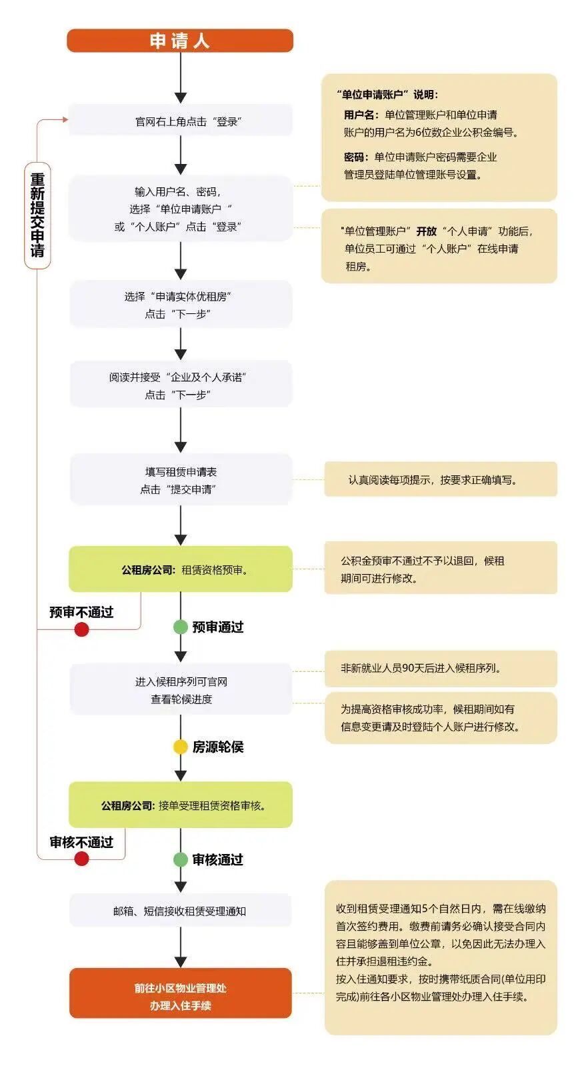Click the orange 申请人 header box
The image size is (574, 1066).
(x=180, y=41)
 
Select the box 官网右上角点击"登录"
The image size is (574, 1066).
(x=180, y=121)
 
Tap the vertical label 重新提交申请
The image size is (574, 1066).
(x=37, y=215)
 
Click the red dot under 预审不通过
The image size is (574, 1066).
(x=81, y=629)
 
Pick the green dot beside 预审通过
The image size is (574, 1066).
(x=180, y=627)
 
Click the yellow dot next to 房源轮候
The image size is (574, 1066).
(x=180, y=747)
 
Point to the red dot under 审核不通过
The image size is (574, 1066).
(x=81, y=859)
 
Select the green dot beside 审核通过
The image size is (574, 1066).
(x=180, y=859)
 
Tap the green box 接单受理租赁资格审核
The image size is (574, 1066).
(x=180, y=805)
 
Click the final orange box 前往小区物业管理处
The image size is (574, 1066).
(x=180, y=996)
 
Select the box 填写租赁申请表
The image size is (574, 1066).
(x=180, y=480)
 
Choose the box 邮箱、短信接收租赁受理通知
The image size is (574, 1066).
(x=180, y=911)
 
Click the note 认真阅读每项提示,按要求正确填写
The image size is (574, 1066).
(x=440, y=479)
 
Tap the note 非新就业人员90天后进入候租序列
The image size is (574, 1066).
(x=440, y=668)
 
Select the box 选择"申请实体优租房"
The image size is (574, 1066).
(x=180, y=305)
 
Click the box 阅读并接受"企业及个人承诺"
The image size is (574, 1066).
(x=180, y=385)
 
